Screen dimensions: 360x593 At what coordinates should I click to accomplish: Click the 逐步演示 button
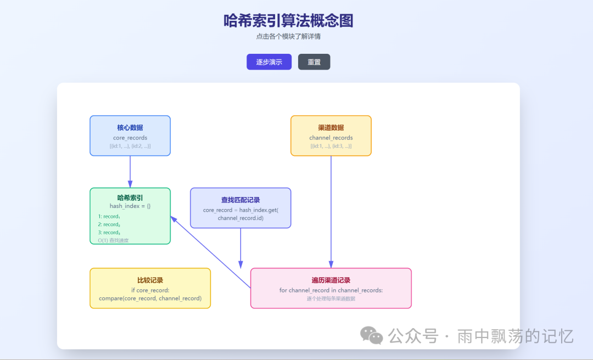click(x=269, y=62)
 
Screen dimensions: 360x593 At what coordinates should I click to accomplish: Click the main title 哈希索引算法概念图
click(x=288, y=21)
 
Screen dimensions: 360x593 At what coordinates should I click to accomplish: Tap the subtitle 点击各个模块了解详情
click(x=288, y=37)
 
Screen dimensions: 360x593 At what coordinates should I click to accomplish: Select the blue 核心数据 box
click(x=130, y=136)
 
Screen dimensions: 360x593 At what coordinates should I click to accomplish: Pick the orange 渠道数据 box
click(x=331, y=136)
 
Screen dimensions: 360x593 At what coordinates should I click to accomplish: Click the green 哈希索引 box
click(x=130, y=216)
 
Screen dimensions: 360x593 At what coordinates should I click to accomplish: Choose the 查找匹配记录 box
click(x=240, y=208)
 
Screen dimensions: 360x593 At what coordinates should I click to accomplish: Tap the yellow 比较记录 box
click(x=150, y=288)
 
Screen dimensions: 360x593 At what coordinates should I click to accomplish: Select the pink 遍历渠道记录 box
click(x=331, y=288)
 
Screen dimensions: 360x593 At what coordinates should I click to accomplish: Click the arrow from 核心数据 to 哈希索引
click(x=130, y=172)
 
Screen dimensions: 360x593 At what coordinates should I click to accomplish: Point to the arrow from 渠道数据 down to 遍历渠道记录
click(x=331, y=212)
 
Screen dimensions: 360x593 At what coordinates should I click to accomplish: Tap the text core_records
click(x=130, y=138)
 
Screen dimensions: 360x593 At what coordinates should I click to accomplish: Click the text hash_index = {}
click(x=130, y=206)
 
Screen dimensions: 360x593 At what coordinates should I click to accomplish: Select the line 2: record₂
click(x=109, y=224)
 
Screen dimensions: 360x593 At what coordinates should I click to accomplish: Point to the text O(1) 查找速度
click(x=114, y=240)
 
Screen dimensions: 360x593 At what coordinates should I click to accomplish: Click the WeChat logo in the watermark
click(x=372, y=335)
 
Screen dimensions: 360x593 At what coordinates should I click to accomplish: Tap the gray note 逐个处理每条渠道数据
click(x=331, y=299)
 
